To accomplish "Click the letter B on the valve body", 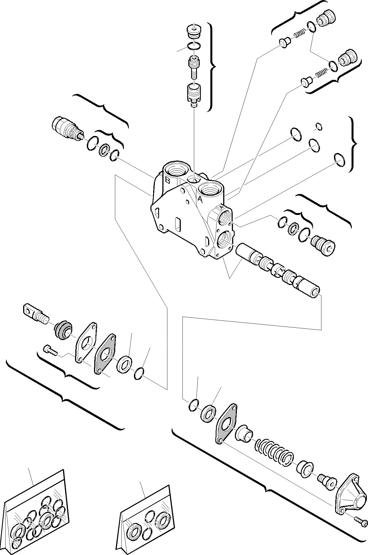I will click(167, 180).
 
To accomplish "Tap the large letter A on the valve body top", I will click(200, 199).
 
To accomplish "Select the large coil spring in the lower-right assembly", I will click(274, 453).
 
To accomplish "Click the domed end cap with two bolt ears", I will click(351, 494).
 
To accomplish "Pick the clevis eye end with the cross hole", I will click(35, 314).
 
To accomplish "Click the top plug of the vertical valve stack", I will click(194, 31).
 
